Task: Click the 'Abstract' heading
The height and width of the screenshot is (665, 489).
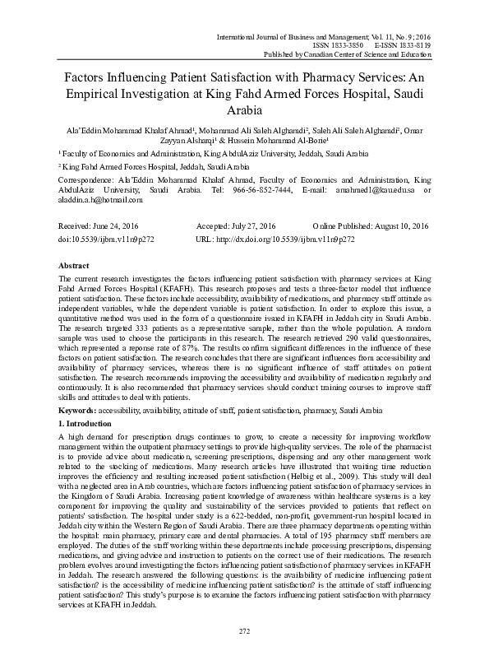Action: [x=75, y=266]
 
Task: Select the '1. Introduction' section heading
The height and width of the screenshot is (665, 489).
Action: [x=89, y=421]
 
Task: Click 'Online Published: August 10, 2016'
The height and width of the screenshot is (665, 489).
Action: [x=371, y=226]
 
